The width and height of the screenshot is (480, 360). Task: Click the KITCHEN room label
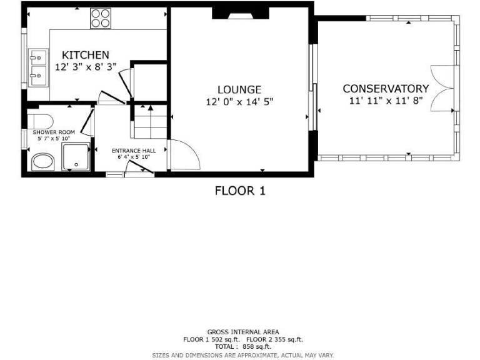point(86,55)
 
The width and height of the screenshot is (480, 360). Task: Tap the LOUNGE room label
point(239,90)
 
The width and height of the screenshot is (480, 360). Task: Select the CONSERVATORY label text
point(386,89)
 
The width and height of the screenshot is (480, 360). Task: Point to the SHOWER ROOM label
point(54,132)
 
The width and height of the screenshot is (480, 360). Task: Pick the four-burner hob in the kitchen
point(100,18)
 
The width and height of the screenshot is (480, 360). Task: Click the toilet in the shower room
point(42,119)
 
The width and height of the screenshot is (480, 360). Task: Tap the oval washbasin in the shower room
point(43,162)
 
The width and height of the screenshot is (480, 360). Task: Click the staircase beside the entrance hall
point(150,122)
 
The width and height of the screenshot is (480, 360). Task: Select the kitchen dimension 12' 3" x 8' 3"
point(86,67)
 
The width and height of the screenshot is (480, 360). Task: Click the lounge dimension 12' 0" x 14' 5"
point(239,101)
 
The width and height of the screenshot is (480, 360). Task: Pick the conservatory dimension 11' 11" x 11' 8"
point(386,100)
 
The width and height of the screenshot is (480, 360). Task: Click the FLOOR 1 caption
point(240,191)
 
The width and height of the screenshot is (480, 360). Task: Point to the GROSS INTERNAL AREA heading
point(243,332)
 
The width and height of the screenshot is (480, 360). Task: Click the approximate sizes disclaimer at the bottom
point(243,355)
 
